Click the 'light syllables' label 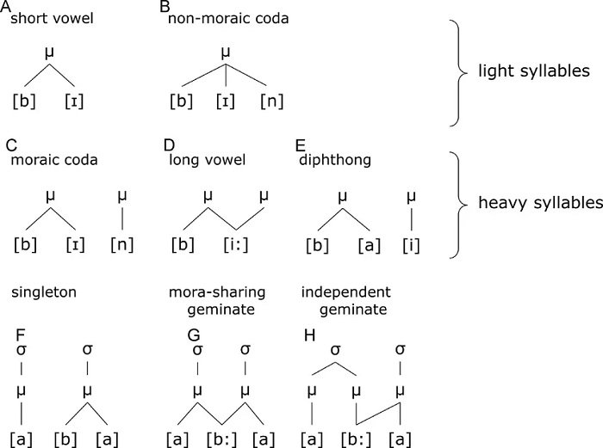(534, 71)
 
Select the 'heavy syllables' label (540, 203)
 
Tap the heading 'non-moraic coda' (228, 18)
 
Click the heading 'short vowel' (52, 18)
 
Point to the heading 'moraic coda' (54, 160)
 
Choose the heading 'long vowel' (208, 160)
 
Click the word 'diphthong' (335, 160)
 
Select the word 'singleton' (44, 292)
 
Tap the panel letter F (21, 335)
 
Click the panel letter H (309, 335)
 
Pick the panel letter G (194, 335)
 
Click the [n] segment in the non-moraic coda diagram (272, 101)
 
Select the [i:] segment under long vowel (236, 244)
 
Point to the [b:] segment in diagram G (221, 439)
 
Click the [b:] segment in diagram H (356, 439)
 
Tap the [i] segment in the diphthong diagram (411, 245)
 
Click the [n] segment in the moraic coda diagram (122, 244)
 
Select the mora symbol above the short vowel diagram (49, 53)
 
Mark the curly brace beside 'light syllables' (459, 72)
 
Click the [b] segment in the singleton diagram (65, 439)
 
